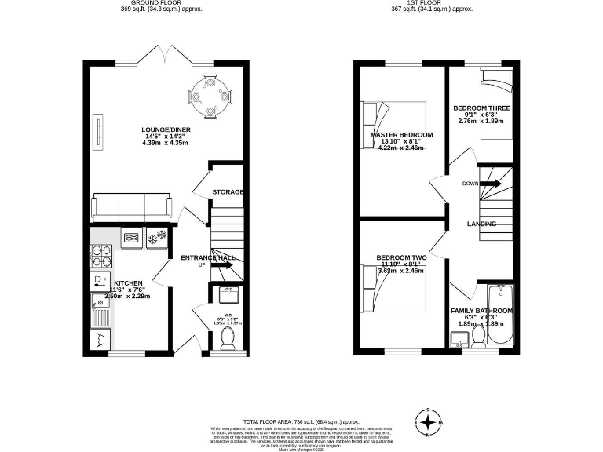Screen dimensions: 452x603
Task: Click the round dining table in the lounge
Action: pos(210,97)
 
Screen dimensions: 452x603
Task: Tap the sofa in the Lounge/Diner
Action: pos(131,207)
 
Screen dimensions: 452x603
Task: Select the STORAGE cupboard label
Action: pos(228,191)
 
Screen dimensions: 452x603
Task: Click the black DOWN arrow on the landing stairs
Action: pos(491,184)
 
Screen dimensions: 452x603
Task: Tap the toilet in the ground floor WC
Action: pos(228,337)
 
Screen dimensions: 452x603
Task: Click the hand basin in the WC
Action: pos(228,296)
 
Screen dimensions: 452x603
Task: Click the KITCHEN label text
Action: pos(128,282)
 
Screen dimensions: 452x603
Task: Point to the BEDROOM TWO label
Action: pos(401,257)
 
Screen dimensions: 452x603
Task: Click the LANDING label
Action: pos(481,224)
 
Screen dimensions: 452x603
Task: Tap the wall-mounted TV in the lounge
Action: pos(99,130)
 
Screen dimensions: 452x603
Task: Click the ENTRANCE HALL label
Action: pos(207,257)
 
